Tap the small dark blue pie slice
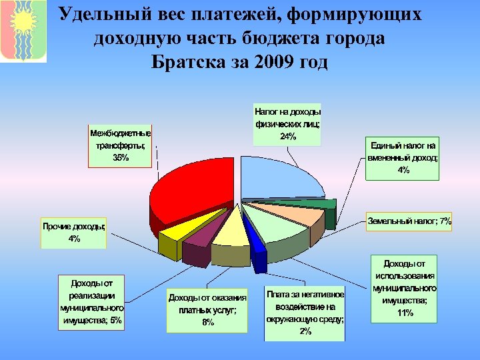(x=257, y=237)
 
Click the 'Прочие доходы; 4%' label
(x=74, y=232)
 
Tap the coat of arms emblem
(x=23, y=31)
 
